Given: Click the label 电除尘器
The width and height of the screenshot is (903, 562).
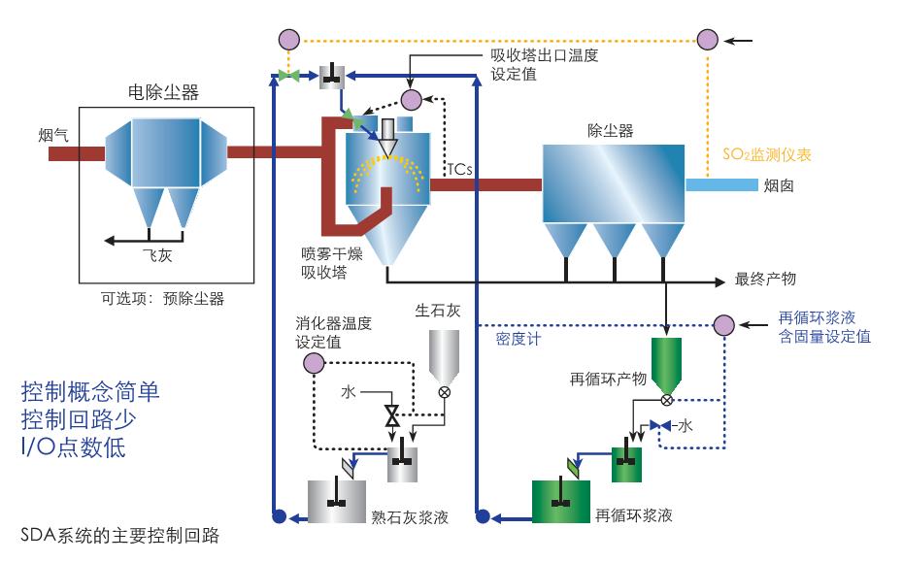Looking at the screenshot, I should pos(163,93).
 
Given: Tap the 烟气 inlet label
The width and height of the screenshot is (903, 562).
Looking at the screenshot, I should pos(52,135).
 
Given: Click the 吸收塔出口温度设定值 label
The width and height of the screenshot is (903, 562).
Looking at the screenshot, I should pos(544,65).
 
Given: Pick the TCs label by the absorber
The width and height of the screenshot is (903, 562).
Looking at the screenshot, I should pos(459,169).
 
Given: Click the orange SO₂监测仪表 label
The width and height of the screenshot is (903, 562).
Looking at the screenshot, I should pos(767,153).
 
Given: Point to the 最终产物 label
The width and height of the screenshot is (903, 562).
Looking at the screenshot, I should pos(766,280).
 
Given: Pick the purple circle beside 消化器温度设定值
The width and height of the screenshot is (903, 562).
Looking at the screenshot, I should pos(313,363).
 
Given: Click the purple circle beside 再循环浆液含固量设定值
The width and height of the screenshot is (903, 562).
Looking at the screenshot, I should pos(723,325).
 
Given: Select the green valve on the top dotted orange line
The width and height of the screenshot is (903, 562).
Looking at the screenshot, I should pos(286,75).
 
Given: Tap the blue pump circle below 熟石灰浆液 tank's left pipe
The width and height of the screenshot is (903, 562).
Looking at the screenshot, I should pos(280,516).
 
